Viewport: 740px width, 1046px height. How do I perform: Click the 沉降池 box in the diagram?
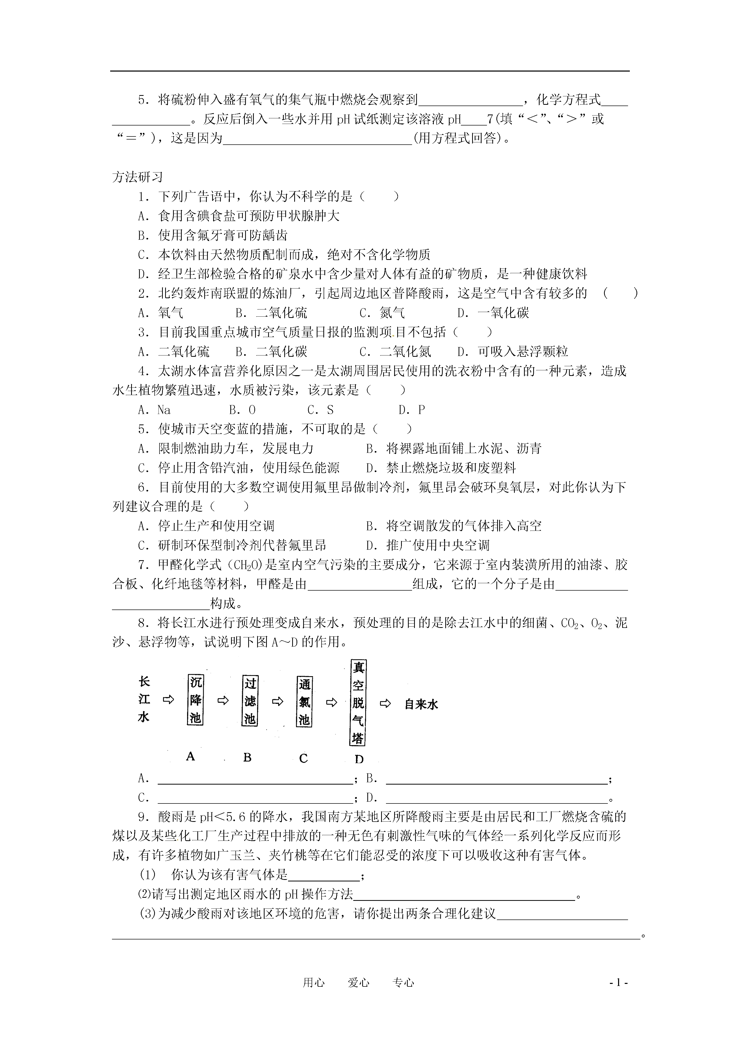(196, 700)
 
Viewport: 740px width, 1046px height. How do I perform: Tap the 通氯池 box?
(304, 702)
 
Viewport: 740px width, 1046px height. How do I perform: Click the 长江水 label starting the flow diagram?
(144, 699)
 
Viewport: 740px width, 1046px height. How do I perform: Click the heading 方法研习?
(137, 177)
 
